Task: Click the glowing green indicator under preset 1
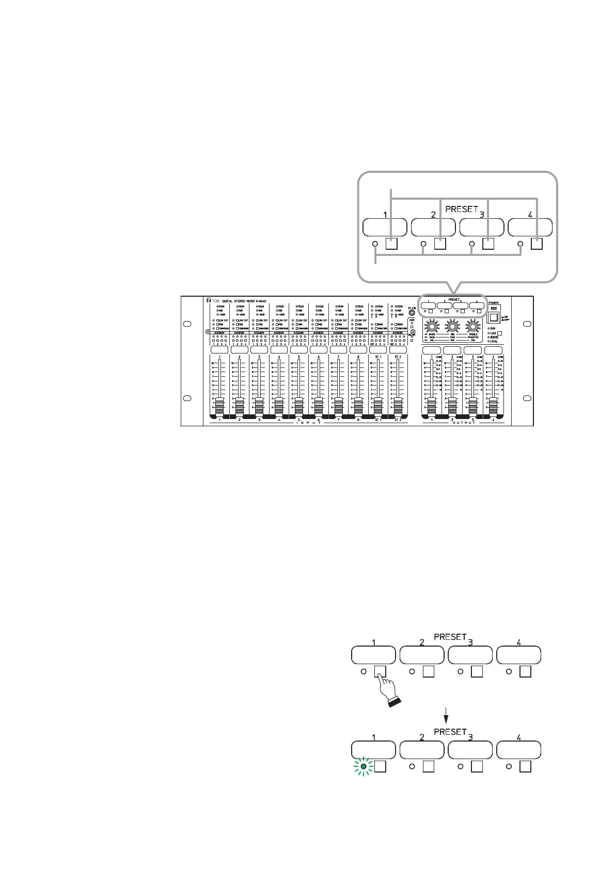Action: pos(364,767)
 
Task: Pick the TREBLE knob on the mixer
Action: pos(472,326)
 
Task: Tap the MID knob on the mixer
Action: pos(452,326)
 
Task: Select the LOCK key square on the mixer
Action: pos(499,333)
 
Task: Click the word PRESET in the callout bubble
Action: pos(461,209)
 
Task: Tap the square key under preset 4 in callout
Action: pos(537,244)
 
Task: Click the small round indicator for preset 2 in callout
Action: pos(423,244)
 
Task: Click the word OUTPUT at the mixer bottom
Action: pos(463,423)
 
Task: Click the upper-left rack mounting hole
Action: pos(188,324)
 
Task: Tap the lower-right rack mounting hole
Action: pos(526,398)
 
